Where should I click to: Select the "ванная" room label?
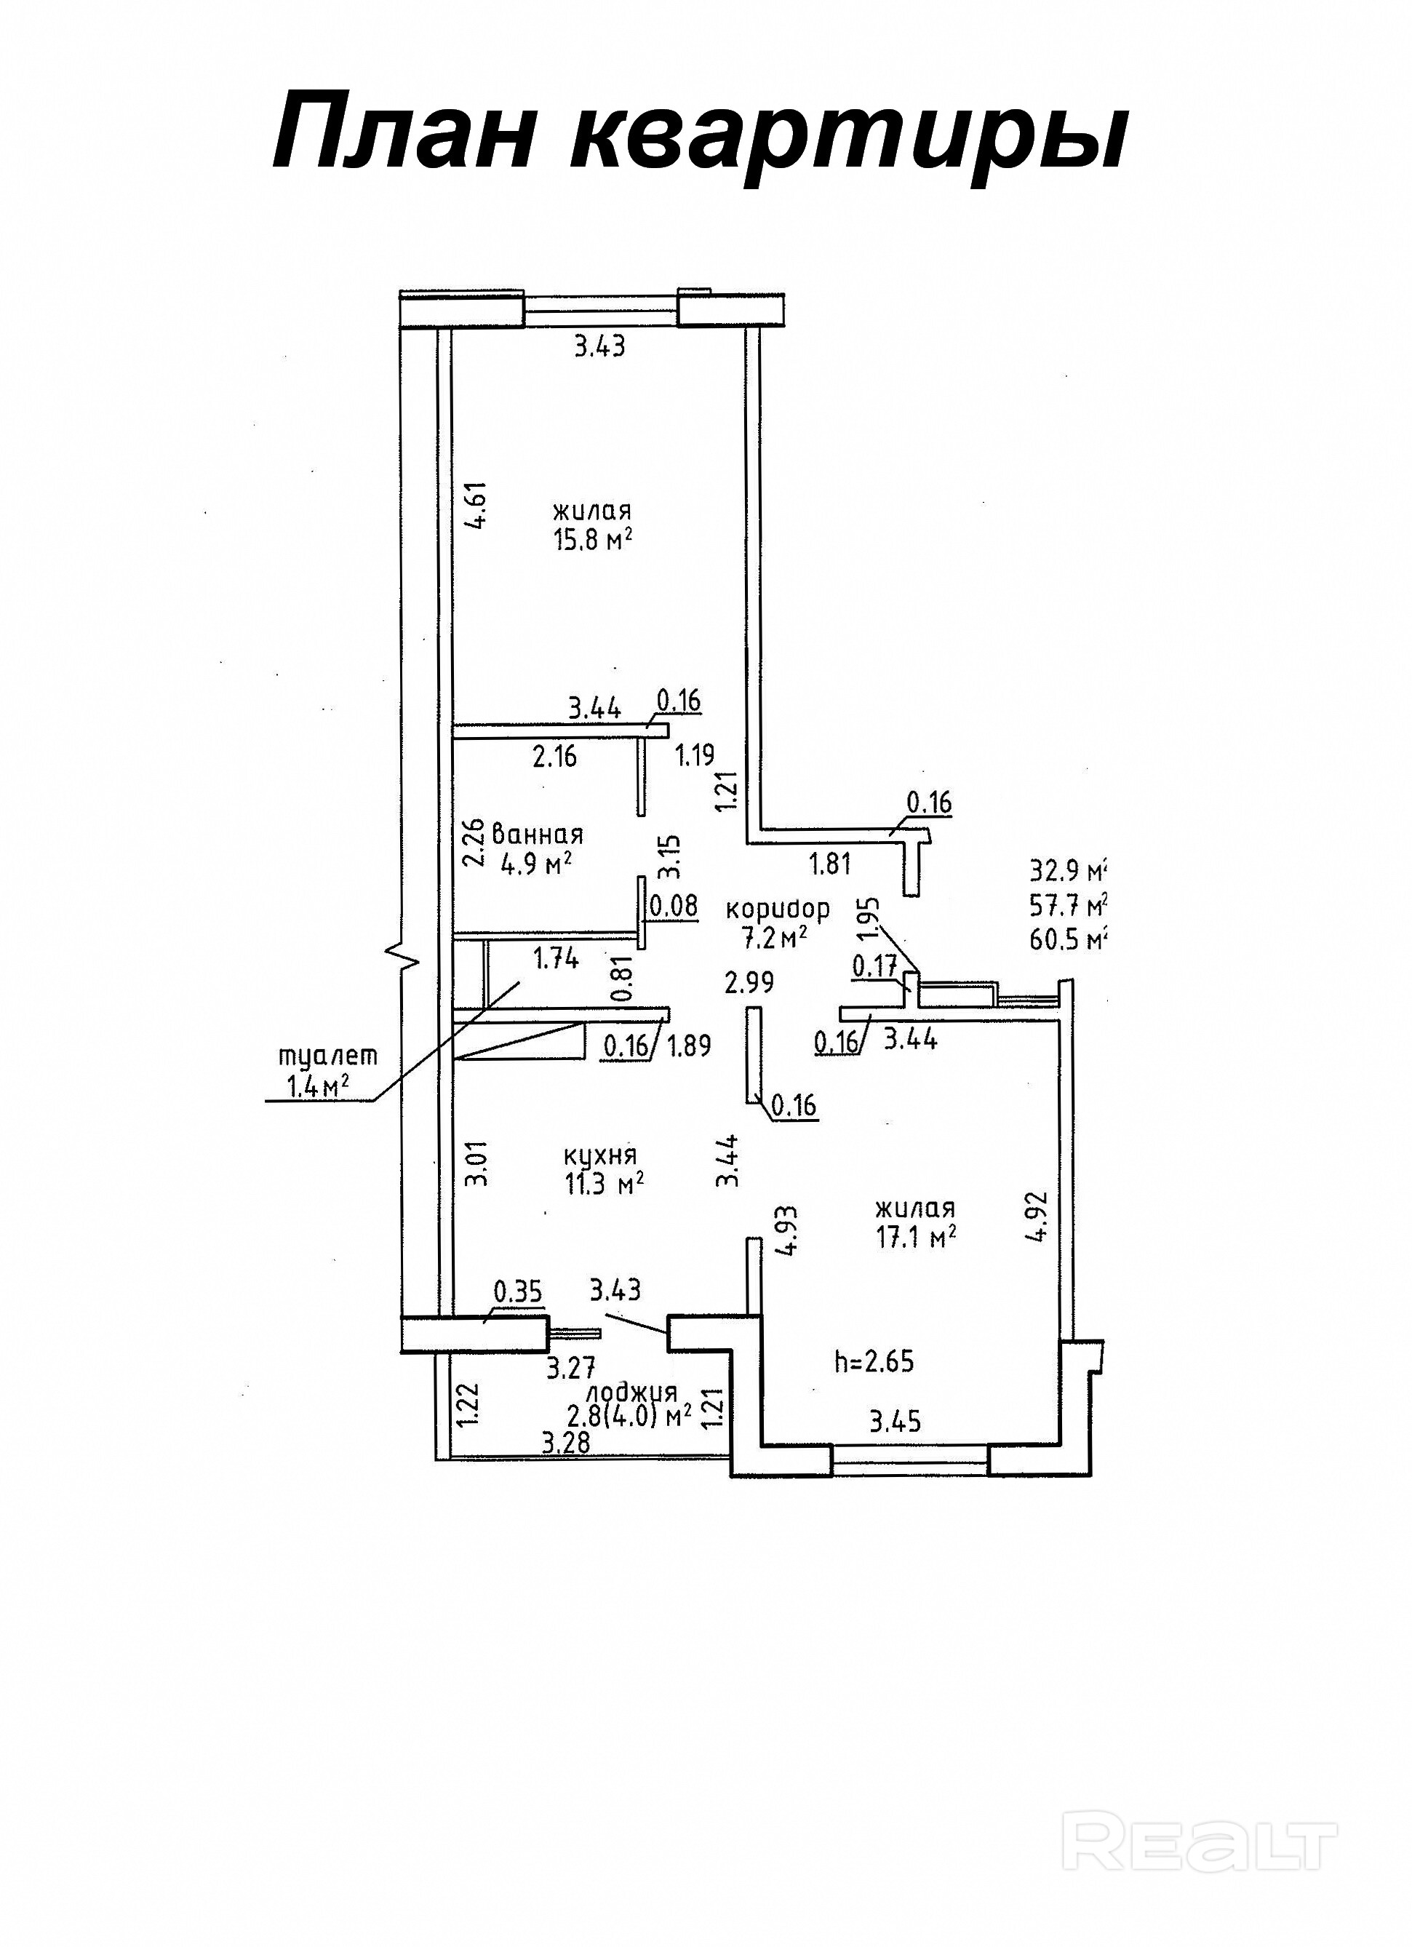538,834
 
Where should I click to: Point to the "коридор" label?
778,908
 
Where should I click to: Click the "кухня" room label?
600,1154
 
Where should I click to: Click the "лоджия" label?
631,1393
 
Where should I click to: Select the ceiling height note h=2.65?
874,1361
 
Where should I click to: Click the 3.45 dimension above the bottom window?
896,1422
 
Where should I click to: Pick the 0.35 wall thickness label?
519,1292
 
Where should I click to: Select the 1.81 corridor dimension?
830,864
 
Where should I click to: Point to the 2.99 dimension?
749,982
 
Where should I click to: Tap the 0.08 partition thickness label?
674,906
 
